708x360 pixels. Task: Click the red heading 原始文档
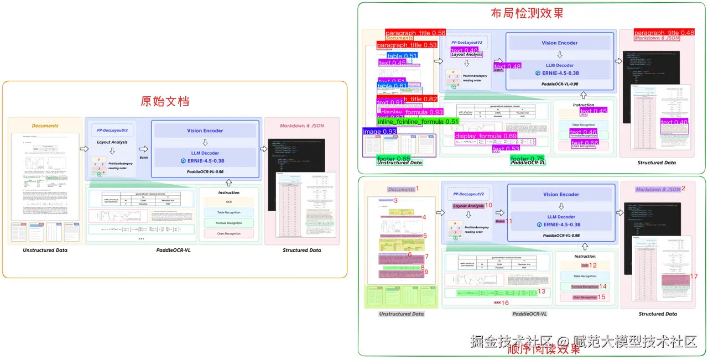coord(165,101)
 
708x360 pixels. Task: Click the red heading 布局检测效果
coord(527,13)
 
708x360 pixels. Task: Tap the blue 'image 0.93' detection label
coord(379,132)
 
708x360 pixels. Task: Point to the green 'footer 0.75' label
coord(527,159)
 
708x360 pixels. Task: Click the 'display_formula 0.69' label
coord(486,136)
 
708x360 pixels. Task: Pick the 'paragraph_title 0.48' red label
coord(664,33)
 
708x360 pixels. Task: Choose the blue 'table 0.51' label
coord(402,56)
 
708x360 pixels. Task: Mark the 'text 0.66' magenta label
coord(585,143)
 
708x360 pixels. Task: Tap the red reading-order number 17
coord(694,276)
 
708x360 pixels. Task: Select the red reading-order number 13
coord(542,291)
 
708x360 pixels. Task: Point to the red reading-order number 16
coord(505,303)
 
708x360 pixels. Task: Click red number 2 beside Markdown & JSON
coord(683,189)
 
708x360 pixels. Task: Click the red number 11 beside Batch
coord(509,221)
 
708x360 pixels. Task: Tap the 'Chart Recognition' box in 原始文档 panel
coord(228,233)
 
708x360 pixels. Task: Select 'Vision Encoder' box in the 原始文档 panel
coord(205,131)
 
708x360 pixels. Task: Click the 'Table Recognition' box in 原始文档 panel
coord(228,212)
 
